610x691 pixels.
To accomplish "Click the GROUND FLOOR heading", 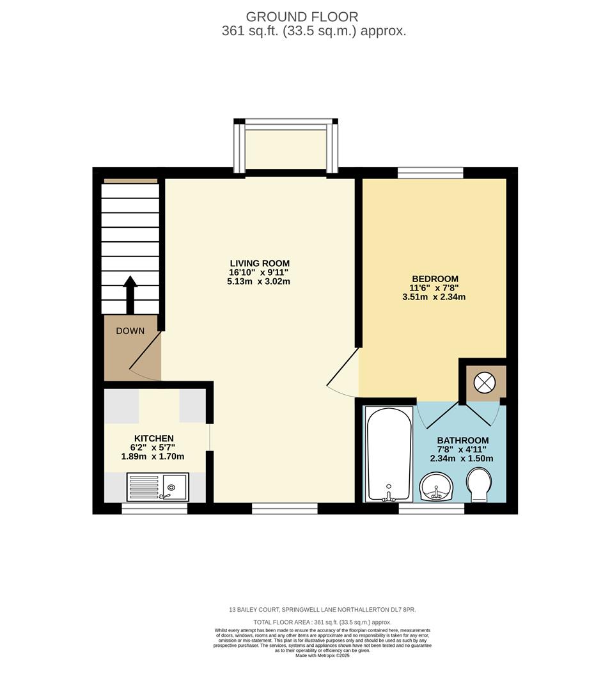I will (302, 17).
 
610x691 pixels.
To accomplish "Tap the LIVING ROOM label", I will (260, 263).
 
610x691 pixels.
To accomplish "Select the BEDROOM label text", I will (435, 278).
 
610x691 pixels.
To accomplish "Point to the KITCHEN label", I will (153, 438).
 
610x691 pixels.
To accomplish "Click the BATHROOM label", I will (462, 440).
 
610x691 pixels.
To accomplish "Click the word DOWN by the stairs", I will (130, 331).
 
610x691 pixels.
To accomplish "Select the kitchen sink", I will (157, 487).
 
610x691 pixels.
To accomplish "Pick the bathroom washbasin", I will (436, 488).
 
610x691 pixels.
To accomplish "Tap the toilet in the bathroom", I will (479, 486).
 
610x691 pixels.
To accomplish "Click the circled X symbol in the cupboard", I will (484, 383).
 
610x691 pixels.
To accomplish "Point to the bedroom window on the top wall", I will (430, 172).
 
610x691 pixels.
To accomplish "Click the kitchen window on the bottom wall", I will (155, 508).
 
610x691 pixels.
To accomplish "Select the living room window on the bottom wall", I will (285, 508).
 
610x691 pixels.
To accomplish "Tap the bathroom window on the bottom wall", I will (432, 508).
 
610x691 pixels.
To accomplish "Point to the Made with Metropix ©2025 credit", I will (322, 655).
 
